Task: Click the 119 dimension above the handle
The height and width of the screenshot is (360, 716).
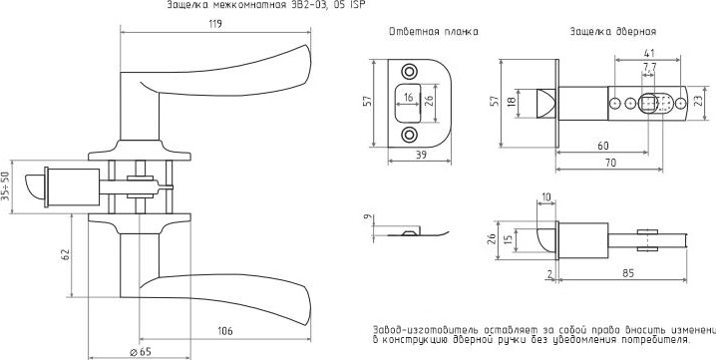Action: tap(213, 23)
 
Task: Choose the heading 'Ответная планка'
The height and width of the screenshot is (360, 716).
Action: tap(433, 32)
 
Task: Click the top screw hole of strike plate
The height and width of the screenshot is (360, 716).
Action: tap(410, 73)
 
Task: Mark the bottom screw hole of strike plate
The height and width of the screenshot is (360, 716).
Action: tap(410, 135)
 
